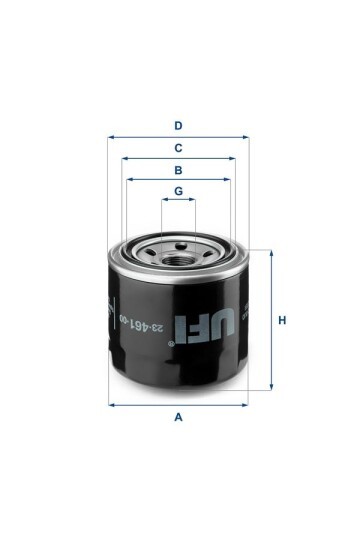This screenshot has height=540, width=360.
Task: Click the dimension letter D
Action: point(178,126)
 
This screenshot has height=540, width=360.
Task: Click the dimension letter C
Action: point(178,148)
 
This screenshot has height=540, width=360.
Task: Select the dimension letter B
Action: point(178,170)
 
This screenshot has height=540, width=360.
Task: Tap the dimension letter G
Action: point(178,191)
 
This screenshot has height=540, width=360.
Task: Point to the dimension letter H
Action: point(282,320)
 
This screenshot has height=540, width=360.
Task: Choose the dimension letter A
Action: point(178,417)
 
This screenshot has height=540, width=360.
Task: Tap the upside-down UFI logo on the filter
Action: point(205,325)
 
